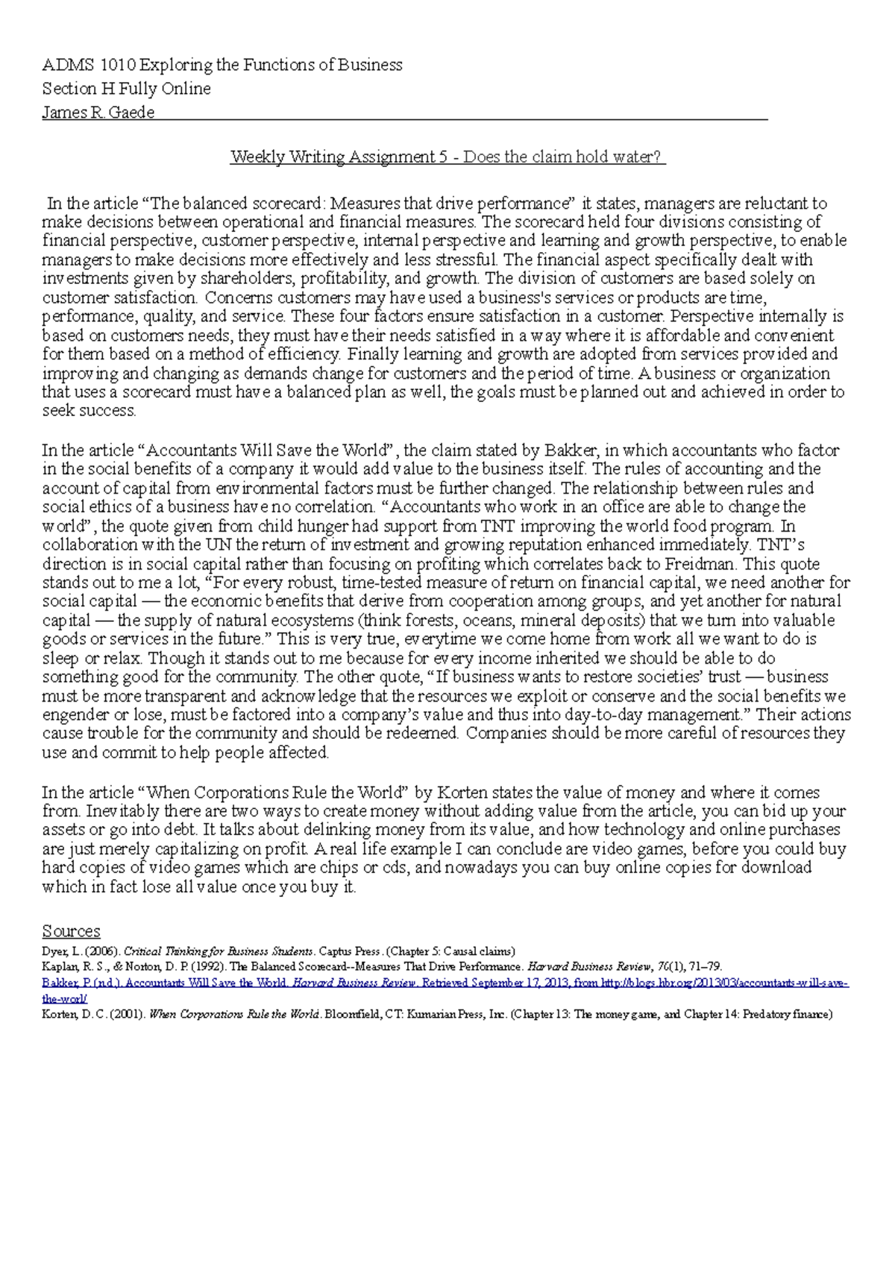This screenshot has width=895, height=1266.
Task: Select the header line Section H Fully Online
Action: pos(126,89)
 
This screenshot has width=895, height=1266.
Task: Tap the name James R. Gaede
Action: pos(98,113)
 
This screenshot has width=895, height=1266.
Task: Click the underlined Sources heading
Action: pos(71,931)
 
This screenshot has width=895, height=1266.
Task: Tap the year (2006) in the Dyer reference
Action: pos(101,951)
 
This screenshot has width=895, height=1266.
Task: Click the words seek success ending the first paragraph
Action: pos(89,411)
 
